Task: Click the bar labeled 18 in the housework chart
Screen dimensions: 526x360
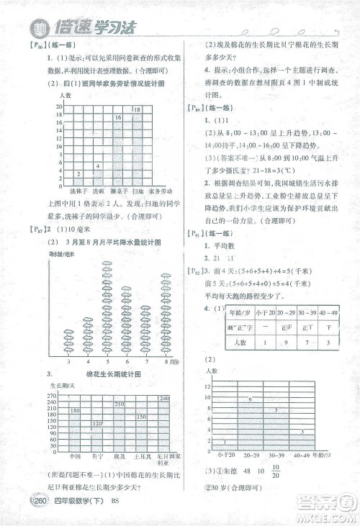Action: point(136,148)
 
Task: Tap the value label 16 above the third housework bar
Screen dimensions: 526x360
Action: point(117,117)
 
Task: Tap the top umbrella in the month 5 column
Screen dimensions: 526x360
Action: point(108,266)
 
